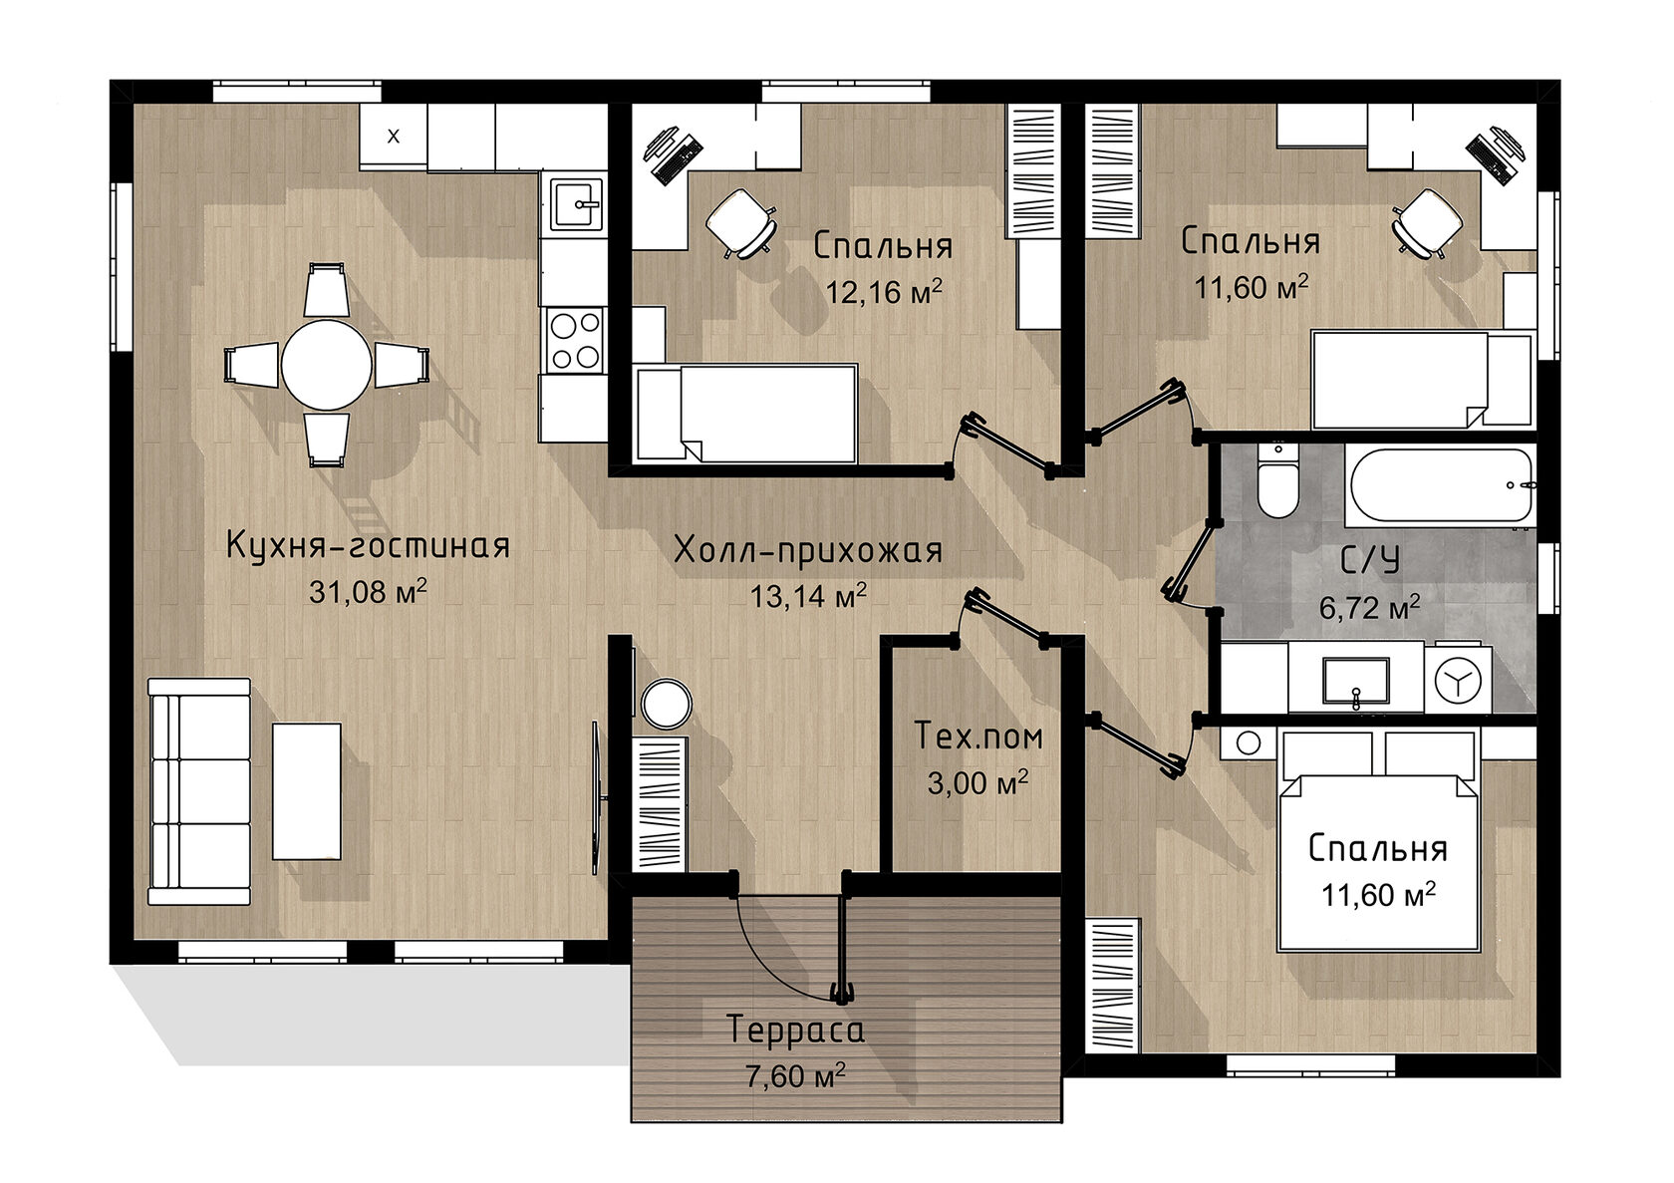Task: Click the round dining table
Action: pyautogui.click(x=326, y=365)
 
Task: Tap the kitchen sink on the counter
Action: pyautogui.click(x=576, y=203)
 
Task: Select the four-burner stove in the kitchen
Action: pyautogui.click(x=574, y=340)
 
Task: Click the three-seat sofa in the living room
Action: pyautogui.click(x=199, y=791)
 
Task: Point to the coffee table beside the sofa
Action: pyautogui.click(x=307, y=790)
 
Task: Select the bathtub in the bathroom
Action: pyautogui.click(x=1440, y=485)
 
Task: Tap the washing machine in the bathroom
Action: pyautogui.click(x=1457, y=678)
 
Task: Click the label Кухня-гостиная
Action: pyautogui.click(x=369, y=546)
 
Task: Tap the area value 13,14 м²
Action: pyautogui.click(x=808, y=596)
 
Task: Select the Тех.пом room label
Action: pyautogui.click(x=978, y=737)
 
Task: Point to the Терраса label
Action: pyautogui.click(x=794, y=1030)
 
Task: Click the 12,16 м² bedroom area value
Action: pyautogui.click(x=883, y=292)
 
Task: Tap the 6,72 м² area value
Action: pyautogui.click(x=1369, y=608)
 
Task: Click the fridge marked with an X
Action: pyautogui.click(x=393, y=136)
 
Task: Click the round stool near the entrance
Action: pyautogui.click(x=666, y=704)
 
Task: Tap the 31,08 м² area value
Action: pyautogui.click(x=368, y=592)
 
